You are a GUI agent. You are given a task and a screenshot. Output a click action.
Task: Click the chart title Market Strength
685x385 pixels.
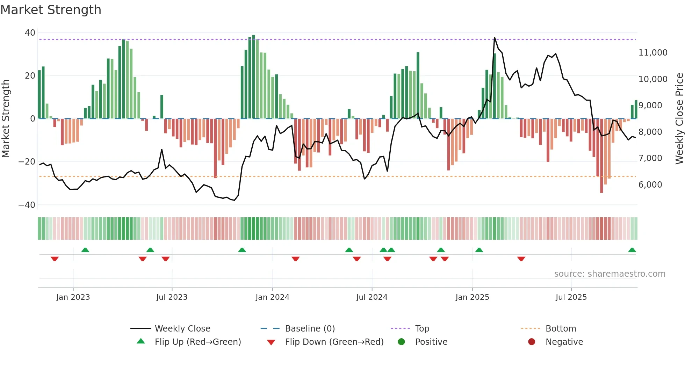pos(51,10)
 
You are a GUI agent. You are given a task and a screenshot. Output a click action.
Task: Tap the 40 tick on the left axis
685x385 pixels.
pos(30,33)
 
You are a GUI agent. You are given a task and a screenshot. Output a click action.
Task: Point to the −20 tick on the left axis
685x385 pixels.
pos(27,162)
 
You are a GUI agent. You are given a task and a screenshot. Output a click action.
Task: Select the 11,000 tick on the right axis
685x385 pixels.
pos(652,53)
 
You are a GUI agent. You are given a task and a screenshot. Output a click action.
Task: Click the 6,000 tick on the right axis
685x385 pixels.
pos(650,185)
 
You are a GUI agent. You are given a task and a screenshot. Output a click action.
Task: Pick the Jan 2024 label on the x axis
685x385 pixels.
pos(272,297)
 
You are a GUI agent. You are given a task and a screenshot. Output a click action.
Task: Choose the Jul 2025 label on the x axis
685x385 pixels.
pos(571,297)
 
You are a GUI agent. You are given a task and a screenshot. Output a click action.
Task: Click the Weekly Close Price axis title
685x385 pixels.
pos(679,119)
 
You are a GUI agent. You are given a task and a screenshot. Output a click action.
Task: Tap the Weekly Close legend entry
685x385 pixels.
pos(182,329)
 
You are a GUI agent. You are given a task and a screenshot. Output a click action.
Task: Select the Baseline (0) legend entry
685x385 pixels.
pos(310,329)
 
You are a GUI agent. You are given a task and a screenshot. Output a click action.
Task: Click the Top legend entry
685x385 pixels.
pos(422,329)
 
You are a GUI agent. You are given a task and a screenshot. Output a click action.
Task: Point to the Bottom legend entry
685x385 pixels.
pos(561,329)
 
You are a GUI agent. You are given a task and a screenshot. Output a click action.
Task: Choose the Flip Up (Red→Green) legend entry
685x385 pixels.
pos(197,342)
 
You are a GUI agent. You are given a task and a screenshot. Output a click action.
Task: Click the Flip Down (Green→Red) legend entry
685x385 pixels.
pos(334,342)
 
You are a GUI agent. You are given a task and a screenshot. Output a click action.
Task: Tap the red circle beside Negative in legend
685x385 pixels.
pos(532,342)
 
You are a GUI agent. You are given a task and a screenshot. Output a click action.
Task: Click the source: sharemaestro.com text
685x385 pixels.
pos(610,274)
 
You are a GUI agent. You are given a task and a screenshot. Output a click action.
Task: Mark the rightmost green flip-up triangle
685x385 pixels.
pos(632,250)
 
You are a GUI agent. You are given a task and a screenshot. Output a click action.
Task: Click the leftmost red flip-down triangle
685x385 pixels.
pos(55,259)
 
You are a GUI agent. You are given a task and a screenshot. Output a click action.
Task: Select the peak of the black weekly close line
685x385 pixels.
pos(494,37)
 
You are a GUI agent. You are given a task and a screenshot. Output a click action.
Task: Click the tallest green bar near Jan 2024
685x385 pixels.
pos(253,77)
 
